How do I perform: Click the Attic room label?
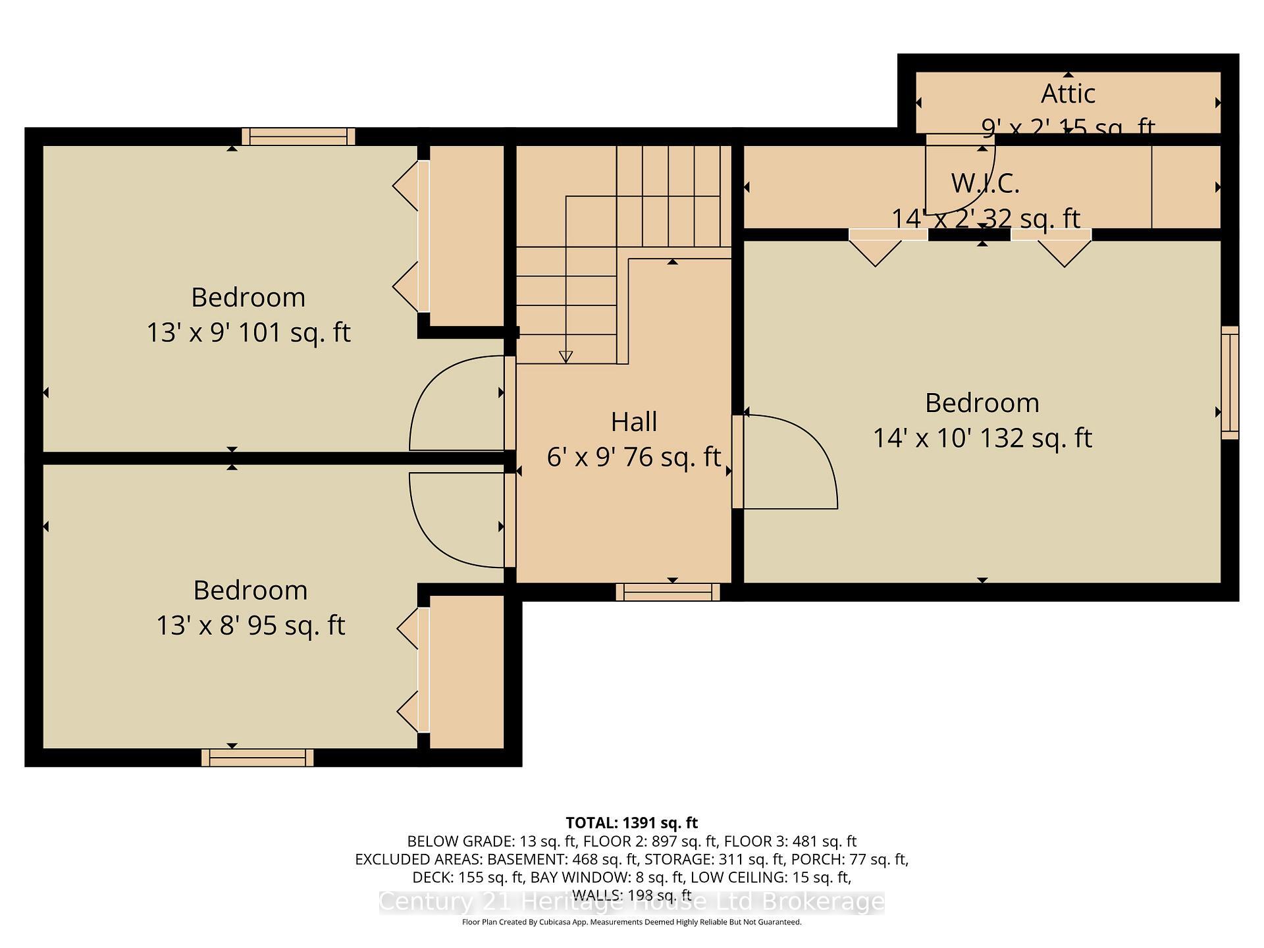1067,94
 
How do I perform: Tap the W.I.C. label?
985,183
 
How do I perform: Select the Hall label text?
633,422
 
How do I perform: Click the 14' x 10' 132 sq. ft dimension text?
982,438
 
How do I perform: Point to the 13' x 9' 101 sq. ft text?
248,332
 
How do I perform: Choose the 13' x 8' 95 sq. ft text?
250,625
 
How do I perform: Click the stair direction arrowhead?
566,357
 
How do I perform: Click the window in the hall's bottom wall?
668,592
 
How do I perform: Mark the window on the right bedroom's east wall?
1230,382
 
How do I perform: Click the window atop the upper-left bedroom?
298,136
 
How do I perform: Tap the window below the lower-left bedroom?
257,758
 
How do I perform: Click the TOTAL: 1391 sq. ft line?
631,823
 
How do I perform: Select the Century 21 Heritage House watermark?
631,902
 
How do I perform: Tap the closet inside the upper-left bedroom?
466,235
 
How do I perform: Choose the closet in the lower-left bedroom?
466,671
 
